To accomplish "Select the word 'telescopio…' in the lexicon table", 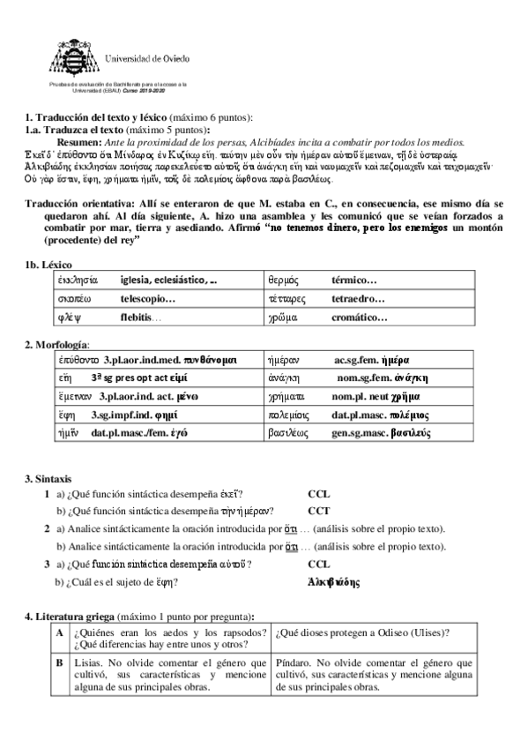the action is (x=148, y=299).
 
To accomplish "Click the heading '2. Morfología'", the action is (x=56, y=343).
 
